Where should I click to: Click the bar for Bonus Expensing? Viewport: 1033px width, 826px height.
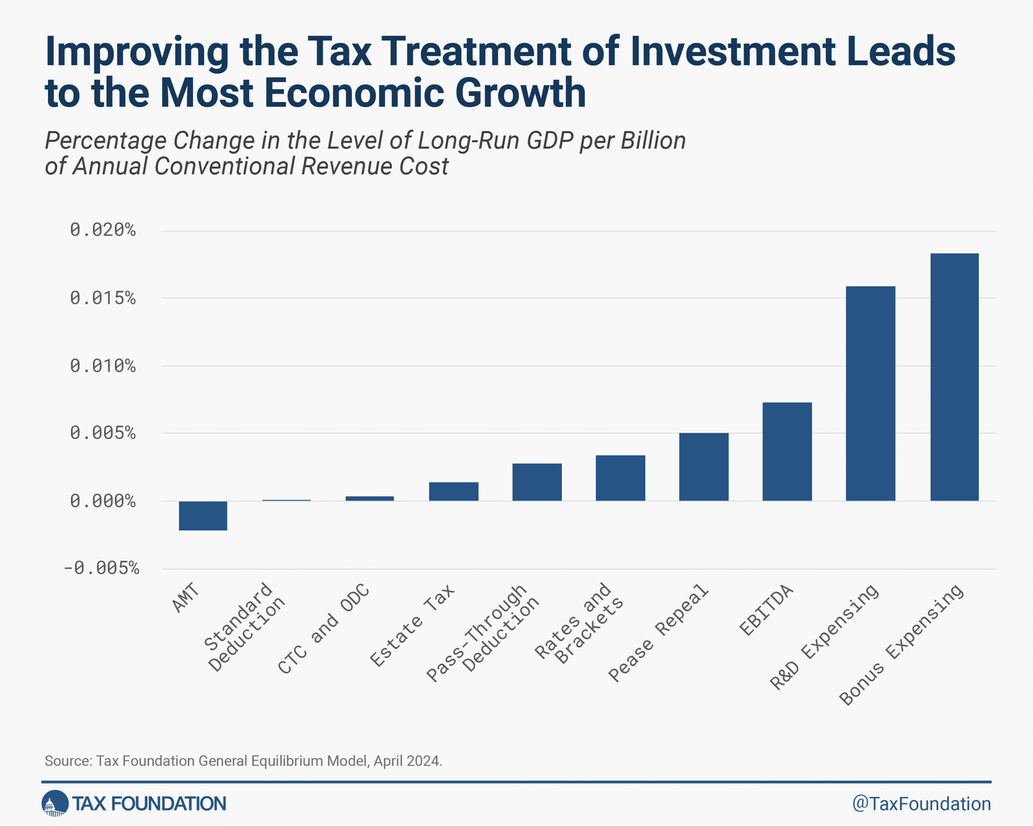(x=954, y=377)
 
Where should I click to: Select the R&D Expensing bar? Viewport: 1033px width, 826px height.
(x=870, y=393)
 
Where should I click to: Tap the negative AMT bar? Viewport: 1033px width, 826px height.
(x=203, y=516)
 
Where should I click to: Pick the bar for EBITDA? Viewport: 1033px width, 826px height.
(x=787, y=451)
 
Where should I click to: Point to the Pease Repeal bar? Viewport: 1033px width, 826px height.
(x=704, y=467)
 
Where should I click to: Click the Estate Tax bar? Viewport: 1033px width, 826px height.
(x=453, y=491)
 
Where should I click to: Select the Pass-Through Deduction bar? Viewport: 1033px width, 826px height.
(x=537, y=482)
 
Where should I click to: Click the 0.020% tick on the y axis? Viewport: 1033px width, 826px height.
(x=103, y=230)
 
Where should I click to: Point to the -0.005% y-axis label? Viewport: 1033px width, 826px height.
(x=101, y=569)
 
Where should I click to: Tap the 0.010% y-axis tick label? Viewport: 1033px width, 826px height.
(x=103, y=366)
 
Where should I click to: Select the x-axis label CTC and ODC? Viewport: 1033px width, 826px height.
(x=323, y=629)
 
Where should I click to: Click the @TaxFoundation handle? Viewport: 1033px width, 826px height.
(x=921, y=803)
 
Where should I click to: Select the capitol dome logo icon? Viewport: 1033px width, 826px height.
(x=55, y=803)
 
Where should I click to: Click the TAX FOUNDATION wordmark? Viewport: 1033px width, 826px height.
(x=149, y=803)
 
